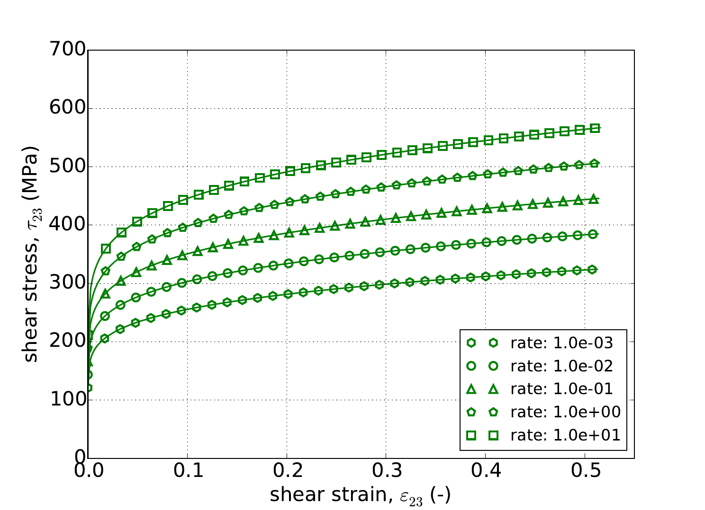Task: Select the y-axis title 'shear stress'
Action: coord(32,255)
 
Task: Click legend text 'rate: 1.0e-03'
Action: coord(561,343)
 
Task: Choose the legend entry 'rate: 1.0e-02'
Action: coord(561,366)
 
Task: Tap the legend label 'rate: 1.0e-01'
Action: coord(561,389)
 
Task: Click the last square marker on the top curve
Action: coord(595,128)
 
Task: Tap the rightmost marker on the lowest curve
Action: coord(592,270)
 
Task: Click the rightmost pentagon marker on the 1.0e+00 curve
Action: coord(594,164)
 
